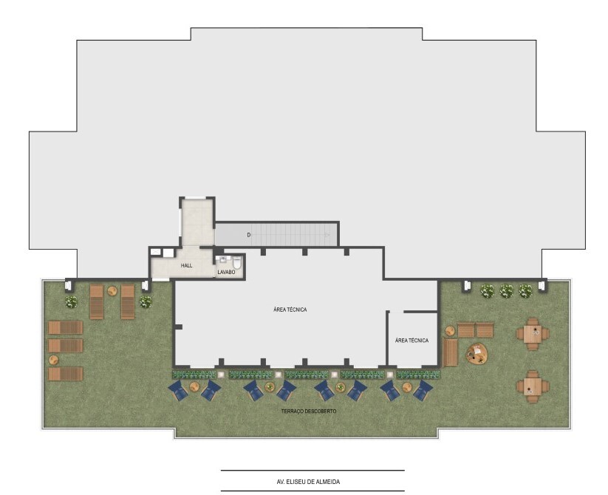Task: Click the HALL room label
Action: (x=186, y=265)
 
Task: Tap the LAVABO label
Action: (x=226, y=272)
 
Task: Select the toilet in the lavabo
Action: (x=237, y=262)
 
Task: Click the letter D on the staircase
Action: (x=248, y=235)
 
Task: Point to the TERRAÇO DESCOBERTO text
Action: (x=309, y=411)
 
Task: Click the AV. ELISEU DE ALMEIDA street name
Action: (x=308, y=482)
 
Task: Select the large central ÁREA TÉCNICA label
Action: (x=290, y=310)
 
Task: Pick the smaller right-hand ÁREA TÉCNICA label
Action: (x=411, y=341)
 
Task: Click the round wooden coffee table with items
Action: (x=477, y=353)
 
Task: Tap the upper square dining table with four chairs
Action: (x=533, y=334)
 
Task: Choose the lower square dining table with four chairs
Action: (x=533, y=386)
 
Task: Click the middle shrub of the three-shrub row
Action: (x=506, y=291)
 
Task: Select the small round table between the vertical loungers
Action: (x=112, y=291)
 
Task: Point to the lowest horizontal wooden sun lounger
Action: (x=66, y=374)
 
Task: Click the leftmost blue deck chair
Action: (x=178, y=390)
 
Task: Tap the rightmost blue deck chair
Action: (x=423, y=390)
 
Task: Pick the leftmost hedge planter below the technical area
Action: (x=194, y=375)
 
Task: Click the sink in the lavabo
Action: (x=222, y=260)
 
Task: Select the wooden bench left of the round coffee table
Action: (x=450, y=352)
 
